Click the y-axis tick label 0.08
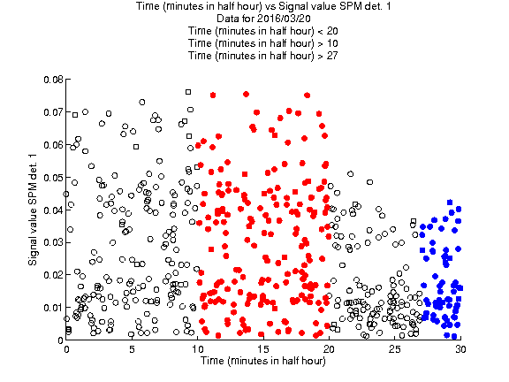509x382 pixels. click(x=54, y=80)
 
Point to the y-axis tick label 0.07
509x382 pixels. click(x=54, y=112)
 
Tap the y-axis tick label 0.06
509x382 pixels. click(x=54, y=145)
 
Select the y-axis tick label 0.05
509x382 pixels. click(x=54, y=178)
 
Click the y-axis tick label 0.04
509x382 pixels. click(x=54, y=210)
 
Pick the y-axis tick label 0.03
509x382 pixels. click(x=54, y=242)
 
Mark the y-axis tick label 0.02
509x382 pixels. click(x=54, y=275)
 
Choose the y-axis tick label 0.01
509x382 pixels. click(x=54, y=308)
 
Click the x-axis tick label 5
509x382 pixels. click(x=132, y=349)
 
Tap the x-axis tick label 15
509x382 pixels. click(x=263, y=349)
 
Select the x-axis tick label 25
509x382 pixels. click(x=395, y=349)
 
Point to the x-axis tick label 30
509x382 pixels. click(x=460, y=349)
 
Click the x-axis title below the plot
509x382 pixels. click(x=263, y=361)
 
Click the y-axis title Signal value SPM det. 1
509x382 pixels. click(x=33, y=210)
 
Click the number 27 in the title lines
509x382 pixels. click(x=332, y=56)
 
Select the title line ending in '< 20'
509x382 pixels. click(x=263, y=31)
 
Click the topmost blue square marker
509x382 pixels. click(x=450, y=202)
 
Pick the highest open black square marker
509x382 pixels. click(x=188, y=92)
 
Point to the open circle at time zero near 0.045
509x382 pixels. click(x=66, y=195)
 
